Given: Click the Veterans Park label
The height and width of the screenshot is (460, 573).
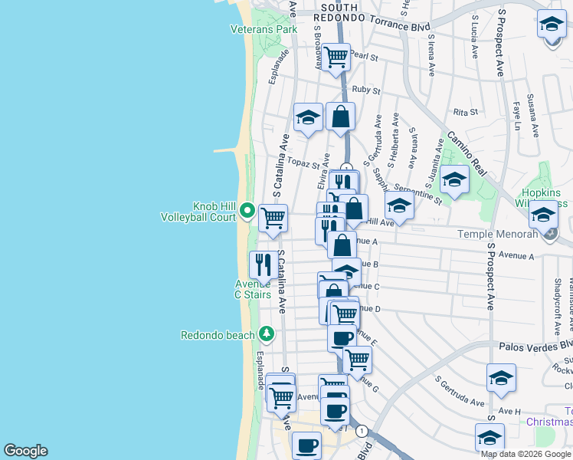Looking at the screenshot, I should [264, 30].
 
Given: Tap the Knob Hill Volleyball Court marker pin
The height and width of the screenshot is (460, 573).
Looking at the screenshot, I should [247, 209].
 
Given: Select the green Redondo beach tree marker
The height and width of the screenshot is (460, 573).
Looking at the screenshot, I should [266, 333].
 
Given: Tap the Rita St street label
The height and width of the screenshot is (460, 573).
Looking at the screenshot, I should [465, 112].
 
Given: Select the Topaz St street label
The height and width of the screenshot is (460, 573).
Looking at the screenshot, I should [303, 163].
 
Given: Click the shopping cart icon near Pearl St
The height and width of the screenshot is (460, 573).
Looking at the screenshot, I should [336, 57].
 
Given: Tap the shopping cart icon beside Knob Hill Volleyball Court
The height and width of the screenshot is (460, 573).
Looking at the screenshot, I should [273, 218].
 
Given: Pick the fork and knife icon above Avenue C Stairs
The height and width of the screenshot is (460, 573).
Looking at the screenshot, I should [264, 264].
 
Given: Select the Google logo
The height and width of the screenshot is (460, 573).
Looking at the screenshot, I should [25, 451].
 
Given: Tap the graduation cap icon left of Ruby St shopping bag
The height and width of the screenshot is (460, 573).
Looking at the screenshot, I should [308, 117].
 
